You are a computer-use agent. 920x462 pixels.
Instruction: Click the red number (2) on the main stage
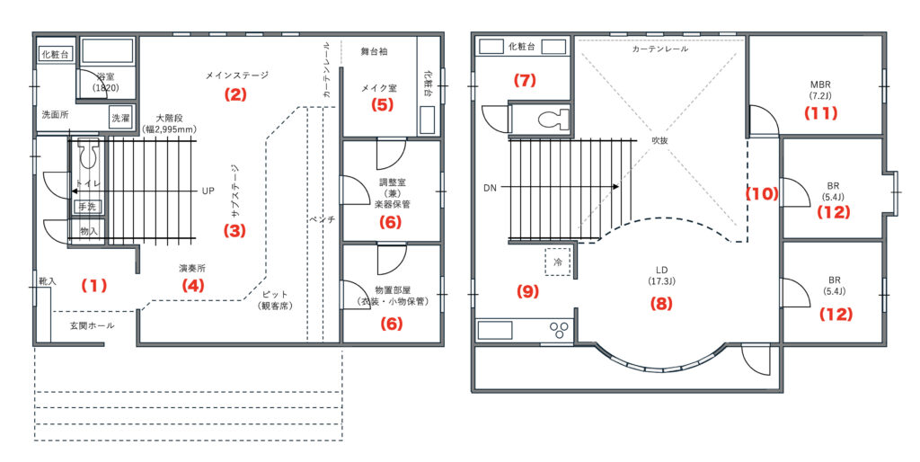234,93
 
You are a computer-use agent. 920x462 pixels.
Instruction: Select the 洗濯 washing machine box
120,118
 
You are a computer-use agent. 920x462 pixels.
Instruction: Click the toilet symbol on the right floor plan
553,120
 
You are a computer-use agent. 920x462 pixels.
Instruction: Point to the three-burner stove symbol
557,330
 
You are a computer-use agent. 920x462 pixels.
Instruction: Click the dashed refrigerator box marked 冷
558,262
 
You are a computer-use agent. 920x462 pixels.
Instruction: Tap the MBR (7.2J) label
820,90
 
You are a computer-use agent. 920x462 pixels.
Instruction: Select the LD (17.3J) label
661,276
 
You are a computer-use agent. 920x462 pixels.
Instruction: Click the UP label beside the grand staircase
208,191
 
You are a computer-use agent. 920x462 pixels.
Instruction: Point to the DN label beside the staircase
490,188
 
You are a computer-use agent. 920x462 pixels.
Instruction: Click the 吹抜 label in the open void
660,140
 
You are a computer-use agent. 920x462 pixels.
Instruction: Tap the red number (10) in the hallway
762,194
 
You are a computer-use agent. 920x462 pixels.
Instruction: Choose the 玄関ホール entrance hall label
93,325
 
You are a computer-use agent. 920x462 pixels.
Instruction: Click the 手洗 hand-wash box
87,207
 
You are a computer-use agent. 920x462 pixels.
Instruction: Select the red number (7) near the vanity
525,80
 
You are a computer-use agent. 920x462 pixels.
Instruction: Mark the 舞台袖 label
374,51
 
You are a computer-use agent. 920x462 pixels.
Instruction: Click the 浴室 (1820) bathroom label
106,83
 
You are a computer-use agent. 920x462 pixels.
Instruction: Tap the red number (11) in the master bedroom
820,113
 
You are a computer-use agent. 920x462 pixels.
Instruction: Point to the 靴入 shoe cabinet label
47,281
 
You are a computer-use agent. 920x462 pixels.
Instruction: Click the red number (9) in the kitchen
527,291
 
